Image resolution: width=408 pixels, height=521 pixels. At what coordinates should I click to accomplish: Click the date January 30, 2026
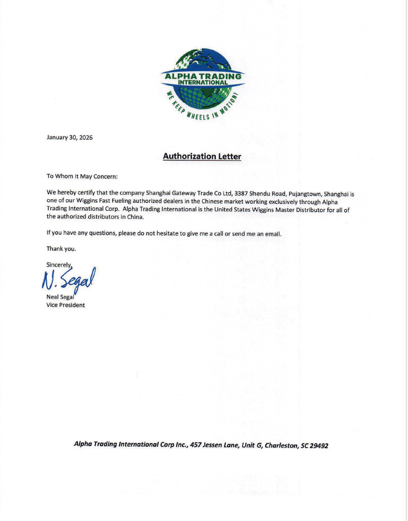point(70,137)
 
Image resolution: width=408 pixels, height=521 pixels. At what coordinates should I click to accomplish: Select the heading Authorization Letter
point(202,156)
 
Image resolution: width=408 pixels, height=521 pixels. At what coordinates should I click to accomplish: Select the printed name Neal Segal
point(59,297)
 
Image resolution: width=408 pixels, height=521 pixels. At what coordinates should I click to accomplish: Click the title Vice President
point(66,305)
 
